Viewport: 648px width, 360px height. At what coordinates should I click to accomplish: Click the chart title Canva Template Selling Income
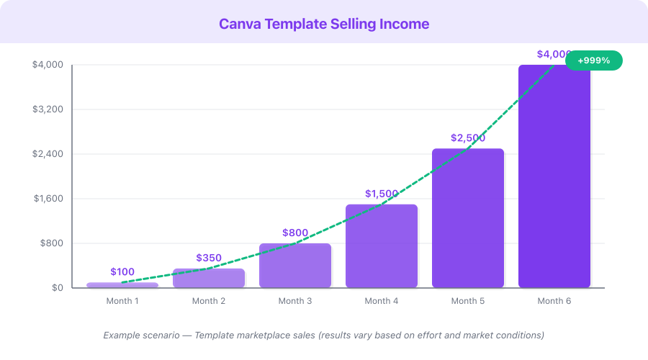tap(324, 24)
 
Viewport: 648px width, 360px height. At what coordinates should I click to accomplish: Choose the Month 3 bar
tap(295, 266)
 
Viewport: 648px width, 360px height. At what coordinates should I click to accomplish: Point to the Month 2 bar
tap(209, 278)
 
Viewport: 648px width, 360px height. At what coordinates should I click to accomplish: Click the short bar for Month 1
tap(122, 285)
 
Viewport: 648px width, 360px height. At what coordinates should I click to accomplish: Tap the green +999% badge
tap(593, 60)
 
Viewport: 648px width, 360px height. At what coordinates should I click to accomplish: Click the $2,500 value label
tap(468, 138)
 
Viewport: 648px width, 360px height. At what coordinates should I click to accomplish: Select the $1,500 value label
tap(382, 194)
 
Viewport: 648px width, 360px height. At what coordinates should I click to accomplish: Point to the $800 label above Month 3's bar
tap(295, 233)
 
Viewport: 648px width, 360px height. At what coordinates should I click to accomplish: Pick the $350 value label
tap(209, 258)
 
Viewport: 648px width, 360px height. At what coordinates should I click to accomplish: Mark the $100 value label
tap(122, 271)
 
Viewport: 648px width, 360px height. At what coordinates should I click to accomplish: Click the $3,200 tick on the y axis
tap(48, 109)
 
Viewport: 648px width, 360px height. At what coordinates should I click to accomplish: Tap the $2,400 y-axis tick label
tap(48, 154)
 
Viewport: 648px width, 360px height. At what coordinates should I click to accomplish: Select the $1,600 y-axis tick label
tap(48, 199)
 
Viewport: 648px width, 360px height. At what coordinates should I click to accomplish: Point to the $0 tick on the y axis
tap(57, 288)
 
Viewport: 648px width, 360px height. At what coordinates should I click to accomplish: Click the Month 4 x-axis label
tap(382, 301)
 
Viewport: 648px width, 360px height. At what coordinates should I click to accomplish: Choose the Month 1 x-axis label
tap(122, 301)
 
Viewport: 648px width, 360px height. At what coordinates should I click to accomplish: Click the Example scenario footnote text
tap(324, 335)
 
